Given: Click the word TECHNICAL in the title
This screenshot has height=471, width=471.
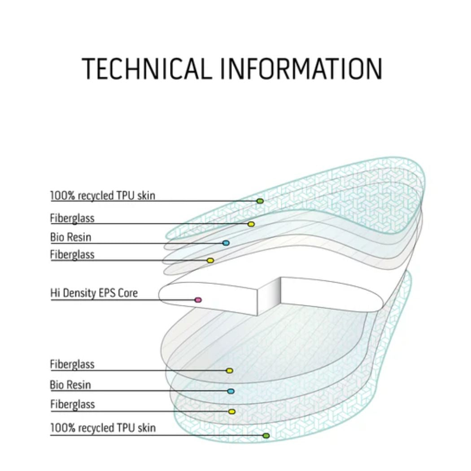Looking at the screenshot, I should click(x=146, y=69).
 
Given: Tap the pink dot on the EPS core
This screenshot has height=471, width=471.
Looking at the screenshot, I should click(x=198, y=300).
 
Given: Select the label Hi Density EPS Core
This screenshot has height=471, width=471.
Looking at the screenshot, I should click(x=94, y=293).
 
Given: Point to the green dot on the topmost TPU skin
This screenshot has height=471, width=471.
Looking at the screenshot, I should click(x=260, y=201).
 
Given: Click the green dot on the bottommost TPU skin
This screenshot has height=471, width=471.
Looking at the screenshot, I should click(x=266, y=436).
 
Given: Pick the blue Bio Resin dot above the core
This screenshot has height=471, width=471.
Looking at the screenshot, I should click(x=226, y=243).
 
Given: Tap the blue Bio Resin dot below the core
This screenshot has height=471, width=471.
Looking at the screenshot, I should click(x=231, y=391).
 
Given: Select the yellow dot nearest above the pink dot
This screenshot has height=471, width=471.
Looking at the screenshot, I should click(x=210, y=260).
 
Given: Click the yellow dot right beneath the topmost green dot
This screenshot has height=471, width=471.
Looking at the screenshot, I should click(x=251, y=224).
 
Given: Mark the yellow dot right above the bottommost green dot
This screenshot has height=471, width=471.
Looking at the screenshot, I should click(x=232, y=411).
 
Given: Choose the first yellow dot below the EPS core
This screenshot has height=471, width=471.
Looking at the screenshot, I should click(x=229, y=371).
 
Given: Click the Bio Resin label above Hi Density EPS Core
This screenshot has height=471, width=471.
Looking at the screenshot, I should click(x=70, y=236).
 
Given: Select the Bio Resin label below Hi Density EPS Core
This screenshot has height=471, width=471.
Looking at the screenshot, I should click(x=70, y=385).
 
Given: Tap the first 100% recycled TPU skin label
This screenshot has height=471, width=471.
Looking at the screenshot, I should click(x=103, y=196).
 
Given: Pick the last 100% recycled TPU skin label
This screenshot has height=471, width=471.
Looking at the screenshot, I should click(x=103, y=428).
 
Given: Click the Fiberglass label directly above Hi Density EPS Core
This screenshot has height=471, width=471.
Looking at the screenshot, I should click(x=72, y=254).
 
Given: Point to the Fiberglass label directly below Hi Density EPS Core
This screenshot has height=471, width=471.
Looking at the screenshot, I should click(x=72, y=364).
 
